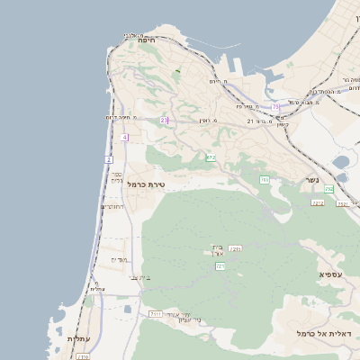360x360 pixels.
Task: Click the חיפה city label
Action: click(x=148, y=40)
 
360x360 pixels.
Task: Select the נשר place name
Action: click(x=312, y=179)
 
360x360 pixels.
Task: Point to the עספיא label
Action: click(x=330, y=273)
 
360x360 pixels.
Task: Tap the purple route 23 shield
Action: click(x=164, y=120)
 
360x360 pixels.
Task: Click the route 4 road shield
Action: click(x=124, y=137)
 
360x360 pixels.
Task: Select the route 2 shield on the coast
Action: click(x=108, y=159)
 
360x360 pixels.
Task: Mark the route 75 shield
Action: click(x=275, y=106)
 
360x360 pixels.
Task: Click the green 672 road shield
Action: click(x=211, y=157)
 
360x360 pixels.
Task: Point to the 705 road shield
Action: click(x=265, y=180)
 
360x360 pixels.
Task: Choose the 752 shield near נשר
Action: click(x=329, y=189)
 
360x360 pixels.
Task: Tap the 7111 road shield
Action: click(x=156, y=313)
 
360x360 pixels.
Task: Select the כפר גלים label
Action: click(x=116, y=177)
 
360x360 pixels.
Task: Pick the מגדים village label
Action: click(x=121, y=260)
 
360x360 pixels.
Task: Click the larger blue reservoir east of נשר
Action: click(x=341, y=163)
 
